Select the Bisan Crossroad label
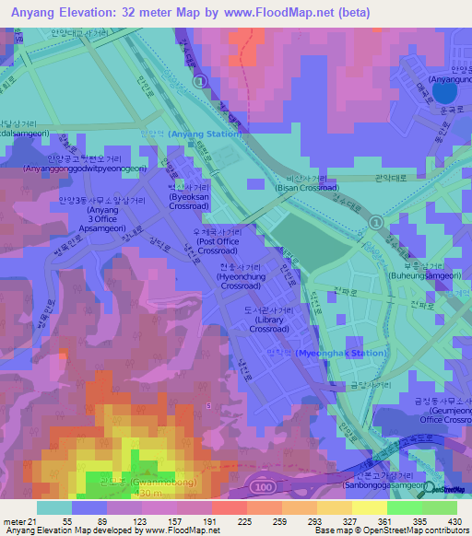[306, 187]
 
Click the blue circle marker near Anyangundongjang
[445, 90]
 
